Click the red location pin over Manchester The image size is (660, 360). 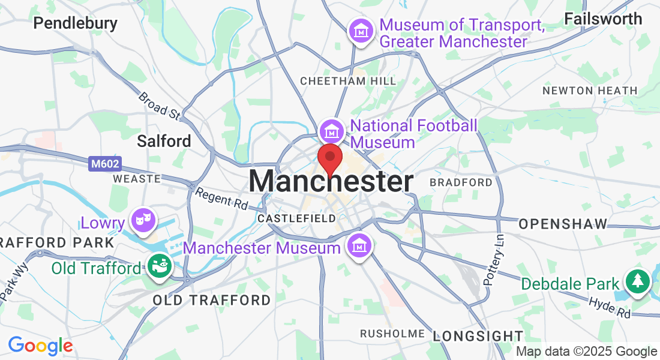coord(329,158)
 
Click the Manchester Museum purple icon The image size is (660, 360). coord(359,246)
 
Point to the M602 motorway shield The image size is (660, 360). coord(105,163)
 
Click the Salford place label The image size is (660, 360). coord(164,141)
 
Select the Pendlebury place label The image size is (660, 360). coord(75,23)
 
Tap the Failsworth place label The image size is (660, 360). coord(603,19)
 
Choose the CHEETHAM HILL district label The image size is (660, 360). coord(348,81)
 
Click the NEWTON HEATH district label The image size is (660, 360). coord(590,91)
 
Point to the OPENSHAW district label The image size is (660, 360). coord(563,224)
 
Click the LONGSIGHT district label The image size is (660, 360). coord(478,335)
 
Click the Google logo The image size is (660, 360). coord(40,346)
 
